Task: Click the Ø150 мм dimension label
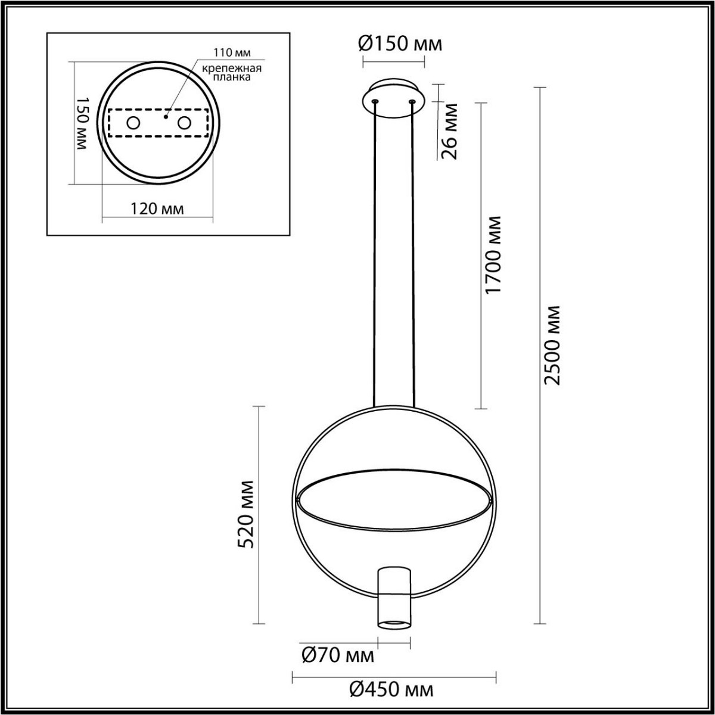400,43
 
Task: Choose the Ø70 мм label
338,656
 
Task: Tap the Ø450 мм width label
391,690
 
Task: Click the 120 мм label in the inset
157,209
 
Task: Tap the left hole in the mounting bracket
133,123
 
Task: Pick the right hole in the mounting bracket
184,123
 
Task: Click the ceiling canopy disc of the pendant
393,98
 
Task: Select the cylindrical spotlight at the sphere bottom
394,597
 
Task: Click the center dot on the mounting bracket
167,110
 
